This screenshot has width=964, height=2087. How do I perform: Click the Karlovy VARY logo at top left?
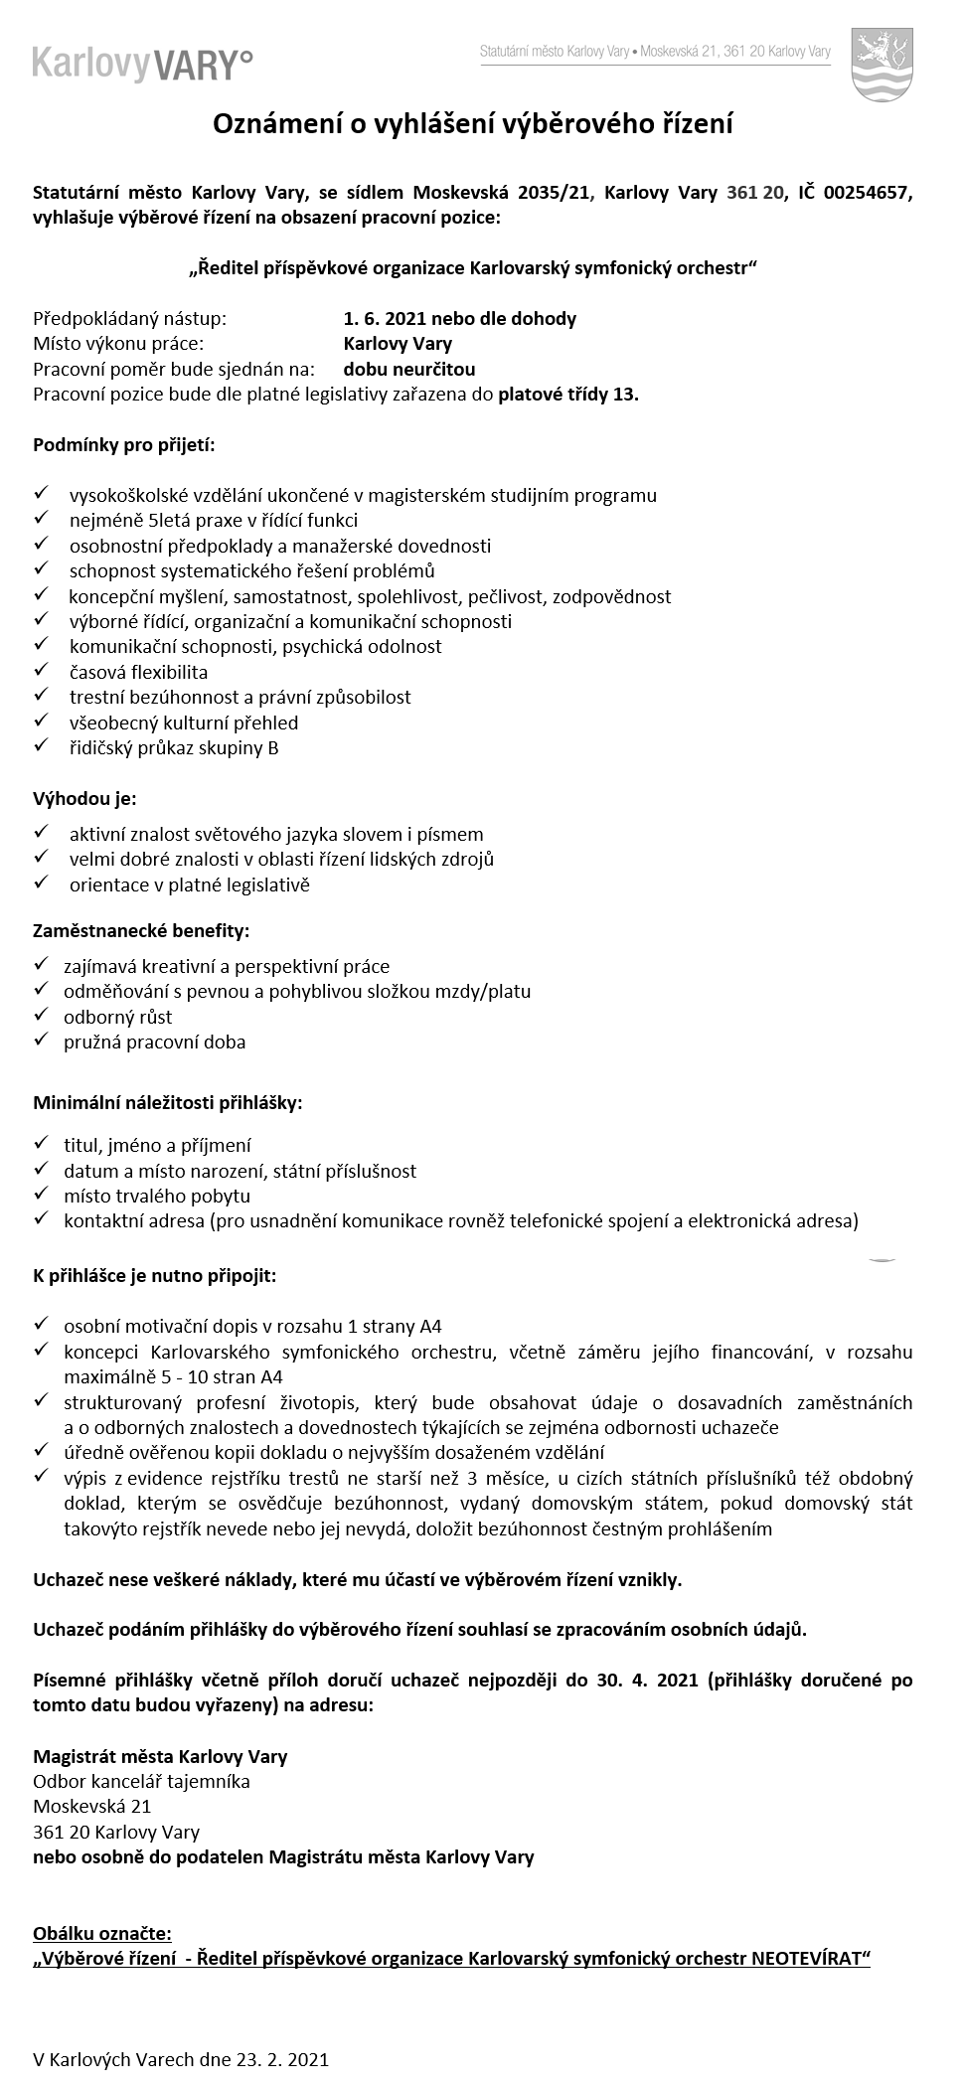tap(142, 64)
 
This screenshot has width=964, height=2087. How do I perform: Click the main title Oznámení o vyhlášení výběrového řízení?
tap(474, 124)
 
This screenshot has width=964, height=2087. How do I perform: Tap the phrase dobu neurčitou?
tap(409, 370)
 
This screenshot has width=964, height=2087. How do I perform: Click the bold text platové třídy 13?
tap(568, 395)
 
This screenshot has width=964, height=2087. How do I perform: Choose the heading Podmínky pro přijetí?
tap(124, 444)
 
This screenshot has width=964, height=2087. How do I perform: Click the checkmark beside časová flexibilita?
tap(41, 671)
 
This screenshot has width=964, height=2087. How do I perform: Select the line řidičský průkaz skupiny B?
tap(174, 748)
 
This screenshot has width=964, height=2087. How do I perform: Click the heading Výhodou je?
tap(85, 798)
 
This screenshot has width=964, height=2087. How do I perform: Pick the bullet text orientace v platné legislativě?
tap(190, 884)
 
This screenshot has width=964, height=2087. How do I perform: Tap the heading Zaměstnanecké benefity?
tap(142, 931)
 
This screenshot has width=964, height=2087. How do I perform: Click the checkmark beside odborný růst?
tap(41, 1016)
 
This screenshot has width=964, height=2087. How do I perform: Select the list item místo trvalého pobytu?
tap(157, 1196)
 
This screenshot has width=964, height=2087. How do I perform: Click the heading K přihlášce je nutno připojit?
tap(155, 1275)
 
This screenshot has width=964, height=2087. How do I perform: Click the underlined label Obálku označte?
tap(102, 1933)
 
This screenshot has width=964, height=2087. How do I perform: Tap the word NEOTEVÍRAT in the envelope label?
tap(811, 1958)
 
